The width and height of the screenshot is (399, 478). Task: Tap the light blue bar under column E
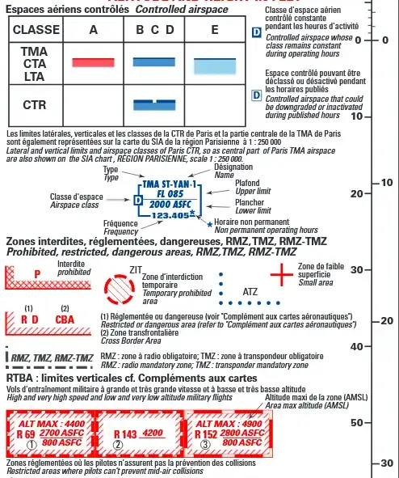215,65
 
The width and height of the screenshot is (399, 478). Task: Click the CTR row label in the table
35,105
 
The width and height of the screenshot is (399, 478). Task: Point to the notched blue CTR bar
154,104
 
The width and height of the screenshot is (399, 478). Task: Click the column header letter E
215,30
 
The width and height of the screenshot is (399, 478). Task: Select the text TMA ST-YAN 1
171,185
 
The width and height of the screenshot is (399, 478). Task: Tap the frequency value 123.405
170,216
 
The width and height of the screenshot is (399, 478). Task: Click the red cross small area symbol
281,275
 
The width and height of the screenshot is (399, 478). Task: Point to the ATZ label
250,291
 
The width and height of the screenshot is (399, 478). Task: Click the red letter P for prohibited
38,274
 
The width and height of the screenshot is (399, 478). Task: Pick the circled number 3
205,444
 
